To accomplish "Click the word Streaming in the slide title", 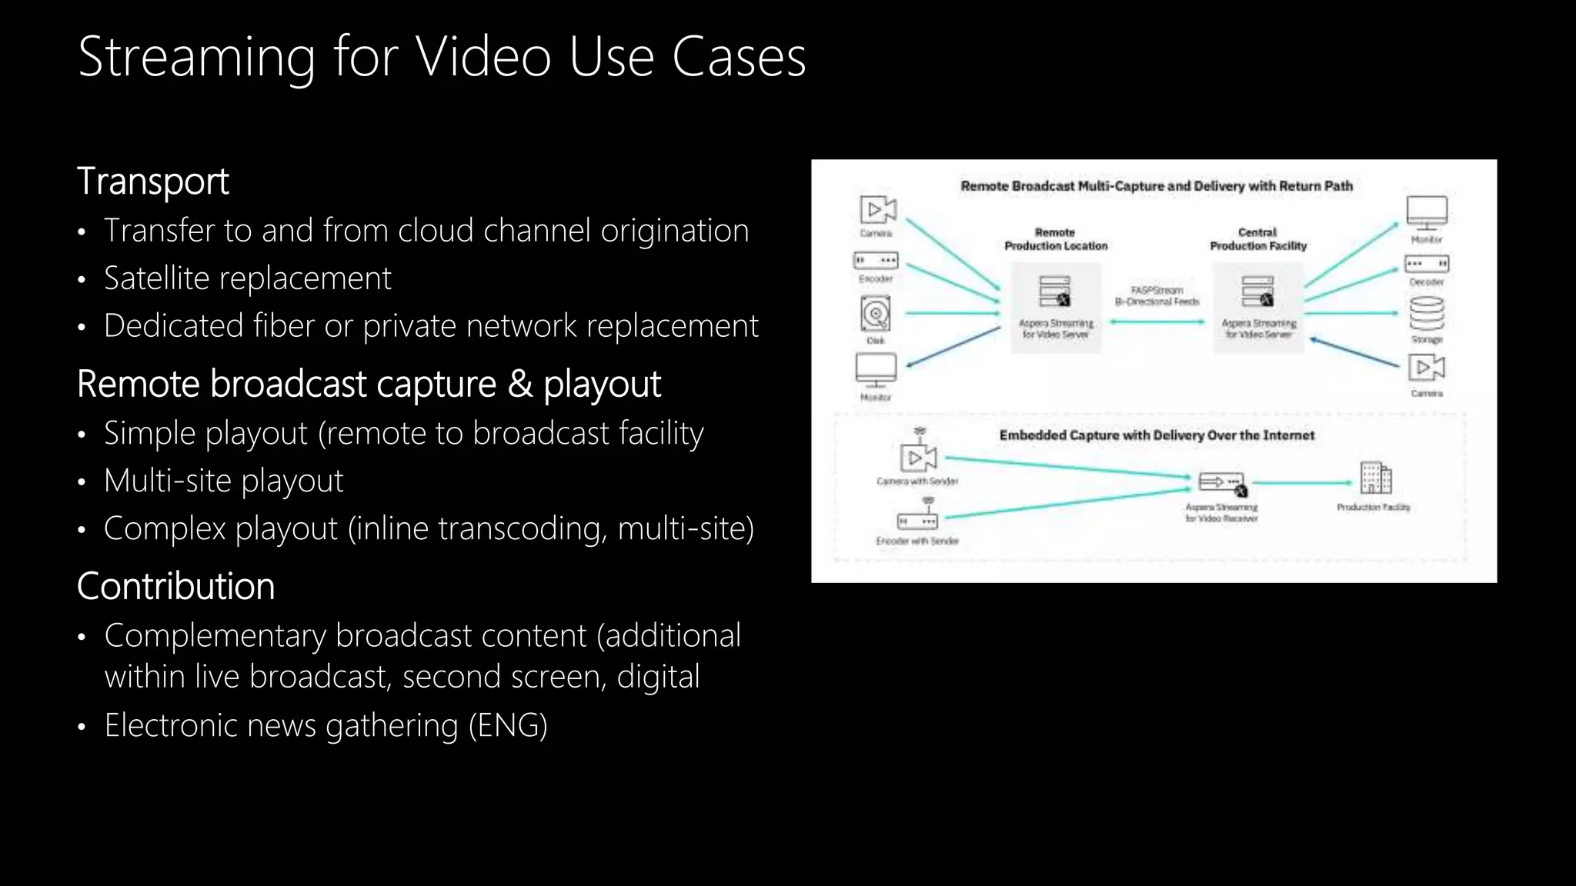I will coord(196,58).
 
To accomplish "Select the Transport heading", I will coord(153,182).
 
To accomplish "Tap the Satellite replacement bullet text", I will coord(247,278).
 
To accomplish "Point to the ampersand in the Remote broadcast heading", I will coord(519,384).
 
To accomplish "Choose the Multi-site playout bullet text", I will coord(223,481).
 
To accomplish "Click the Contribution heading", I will coord(175,586).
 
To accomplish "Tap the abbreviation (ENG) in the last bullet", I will coord(508,726).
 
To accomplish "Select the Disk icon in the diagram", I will coord(876,314).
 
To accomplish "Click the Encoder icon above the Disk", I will coord(876,261).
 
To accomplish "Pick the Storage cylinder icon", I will coord(1427,314).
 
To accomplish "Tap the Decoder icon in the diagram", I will coord(1427,264).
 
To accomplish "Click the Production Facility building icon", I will coord(1375,478).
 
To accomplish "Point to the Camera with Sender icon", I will coord(918,457).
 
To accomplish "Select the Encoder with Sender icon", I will coord(917,520).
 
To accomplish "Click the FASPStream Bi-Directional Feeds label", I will coord(1157,296).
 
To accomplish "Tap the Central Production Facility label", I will coord(1258,239).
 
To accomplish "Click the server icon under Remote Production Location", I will coord(1055,291).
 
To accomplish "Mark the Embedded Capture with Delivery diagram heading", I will coord(1157,435).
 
